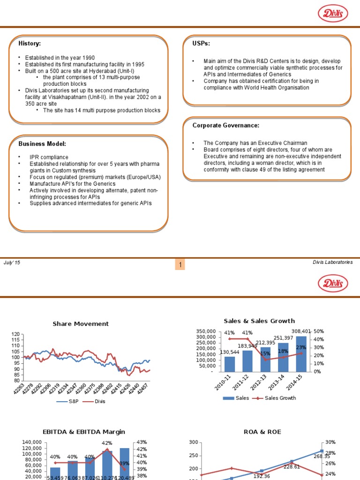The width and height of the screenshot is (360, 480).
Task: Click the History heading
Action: pyautogui.click(x=30, y=44)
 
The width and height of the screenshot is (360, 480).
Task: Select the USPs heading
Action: pyautogui.click(x=201, y=44)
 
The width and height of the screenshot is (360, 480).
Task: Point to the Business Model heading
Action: pyautogui.click(x=42, y=143)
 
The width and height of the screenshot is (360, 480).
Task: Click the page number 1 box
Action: pyautogui.click(x=180, y=266)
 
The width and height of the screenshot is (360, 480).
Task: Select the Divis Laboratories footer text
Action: pyautogui.click(x=332, y=263)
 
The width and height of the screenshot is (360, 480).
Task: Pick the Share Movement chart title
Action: pyautogui.click(x=81, y=324)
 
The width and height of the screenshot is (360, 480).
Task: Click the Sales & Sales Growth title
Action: pyautogui.click(x=259, y=321)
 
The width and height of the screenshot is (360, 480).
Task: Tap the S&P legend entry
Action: pyautogui.click(x=69, y=402)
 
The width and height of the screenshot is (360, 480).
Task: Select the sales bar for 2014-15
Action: pyautogui.click(x=301, y=353)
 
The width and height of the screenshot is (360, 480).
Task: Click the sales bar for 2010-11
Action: pyautogui.click(x=230, y=364)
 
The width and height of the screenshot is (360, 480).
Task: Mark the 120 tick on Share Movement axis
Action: pyautogui.click(x=16, y=334)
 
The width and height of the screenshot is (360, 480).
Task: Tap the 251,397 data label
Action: pyautogui.click(x=284, y=338)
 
